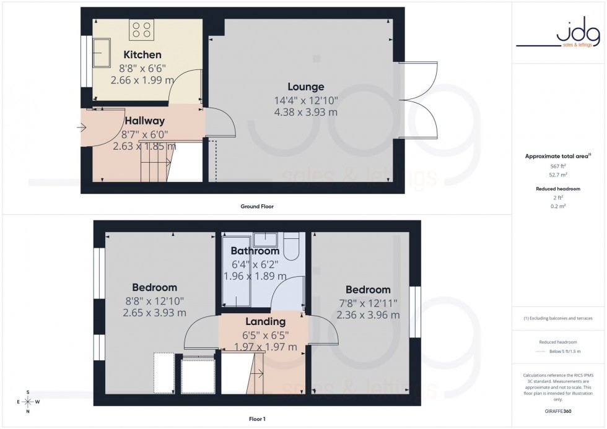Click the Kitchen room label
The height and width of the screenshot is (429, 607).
[142, 55]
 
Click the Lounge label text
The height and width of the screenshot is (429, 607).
[305, 87]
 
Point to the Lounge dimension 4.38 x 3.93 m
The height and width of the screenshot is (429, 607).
[305, 112]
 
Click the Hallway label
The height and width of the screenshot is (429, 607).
[144, 121]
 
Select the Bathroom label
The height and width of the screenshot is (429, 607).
[255, 251]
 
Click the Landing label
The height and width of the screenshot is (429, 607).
[265, 321]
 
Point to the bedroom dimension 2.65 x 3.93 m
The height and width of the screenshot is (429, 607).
[154, 313]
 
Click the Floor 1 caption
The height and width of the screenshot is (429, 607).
[256, 419]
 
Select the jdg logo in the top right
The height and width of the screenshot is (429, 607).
[559, 36]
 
